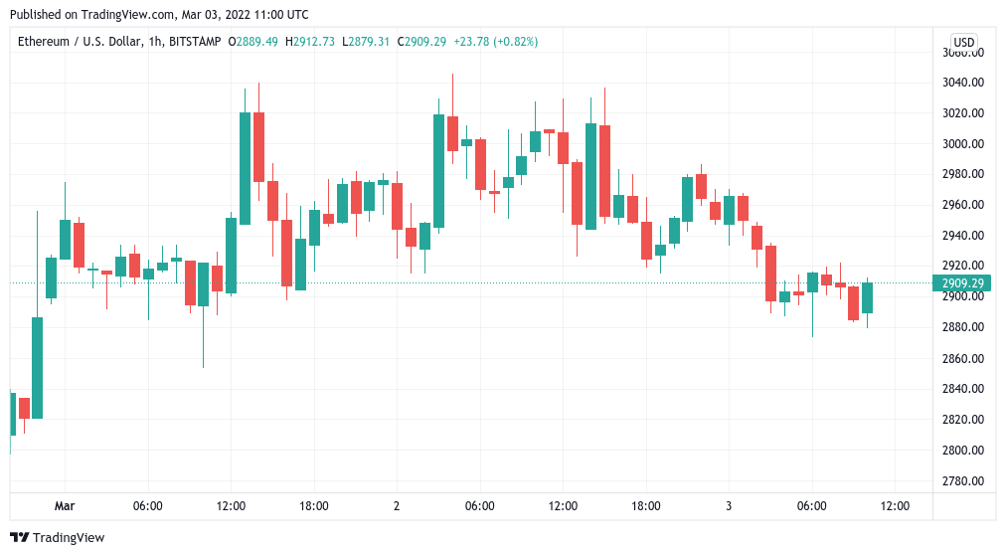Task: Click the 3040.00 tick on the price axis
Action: (x=962, y=82)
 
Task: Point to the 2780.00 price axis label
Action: (x=962, y=481)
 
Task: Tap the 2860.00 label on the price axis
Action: (x=962, y=358)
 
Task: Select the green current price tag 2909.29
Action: (x=962, y=283)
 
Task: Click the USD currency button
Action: (x=963, y=43)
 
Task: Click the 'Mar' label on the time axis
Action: (x=65, y=506)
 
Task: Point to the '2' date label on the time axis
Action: (x=397, y=506)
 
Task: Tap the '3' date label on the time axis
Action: (x=729, y=506)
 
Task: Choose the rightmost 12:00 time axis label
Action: (x=895, y=506)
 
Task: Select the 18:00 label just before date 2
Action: (x=314, y=506)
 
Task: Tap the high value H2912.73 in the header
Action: (x=310, y=42)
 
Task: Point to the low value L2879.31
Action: (x=366, y=42)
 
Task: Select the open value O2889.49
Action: (x=253, y=42)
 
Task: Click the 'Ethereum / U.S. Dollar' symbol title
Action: (x=76, y=42)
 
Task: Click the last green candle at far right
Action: (x=867, y=297)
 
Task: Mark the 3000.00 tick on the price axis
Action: (x=962, y=143)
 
